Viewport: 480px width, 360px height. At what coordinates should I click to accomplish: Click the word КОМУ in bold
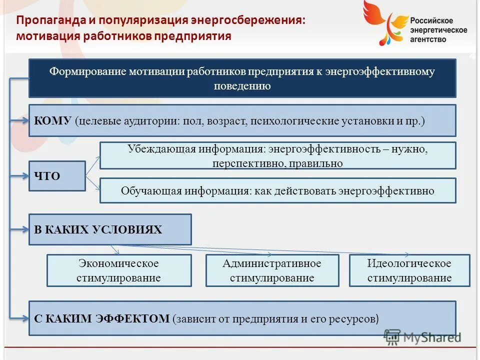(53, 121)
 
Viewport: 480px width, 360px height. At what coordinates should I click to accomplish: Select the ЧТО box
(57, 176)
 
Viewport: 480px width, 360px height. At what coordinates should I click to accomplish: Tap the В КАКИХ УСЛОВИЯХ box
(110, 229)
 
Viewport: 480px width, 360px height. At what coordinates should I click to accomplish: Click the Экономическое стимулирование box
(119, 270)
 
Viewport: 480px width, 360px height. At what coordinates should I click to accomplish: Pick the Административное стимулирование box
(272, 270)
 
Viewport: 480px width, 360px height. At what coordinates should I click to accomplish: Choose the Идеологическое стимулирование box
(409, 270)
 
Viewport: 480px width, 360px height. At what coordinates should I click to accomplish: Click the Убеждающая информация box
(277, 155)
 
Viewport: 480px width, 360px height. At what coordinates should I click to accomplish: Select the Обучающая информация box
(277, 190)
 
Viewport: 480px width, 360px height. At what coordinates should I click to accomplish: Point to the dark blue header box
(242, 78)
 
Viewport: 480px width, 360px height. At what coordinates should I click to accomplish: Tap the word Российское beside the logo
(431, 20)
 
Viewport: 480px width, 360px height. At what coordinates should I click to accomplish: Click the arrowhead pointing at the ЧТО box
(25, 176)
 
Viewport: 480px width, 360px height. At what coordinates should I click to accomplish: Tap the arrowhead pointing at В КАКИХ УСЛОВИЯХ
(25, 229)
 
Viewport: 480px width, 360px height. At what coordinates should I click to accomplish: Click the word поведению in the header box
(242, 86)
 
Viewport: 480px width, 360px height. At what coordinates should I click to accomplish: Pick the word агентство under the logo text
(428, 39)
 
